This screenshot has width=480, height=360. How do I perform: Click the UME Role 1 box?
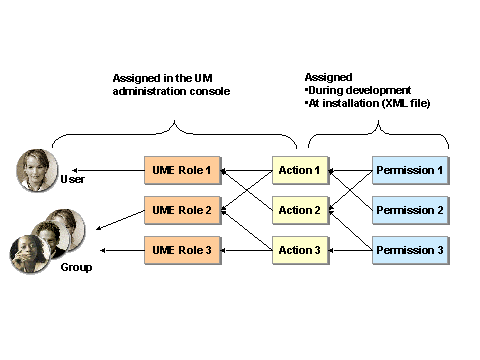181,171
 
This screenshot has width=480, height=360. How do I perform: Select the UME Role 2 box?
181,210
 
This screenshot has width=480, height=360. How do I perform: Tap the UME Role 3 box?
181,249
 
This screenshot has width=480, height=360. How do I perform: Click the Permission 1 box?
410,171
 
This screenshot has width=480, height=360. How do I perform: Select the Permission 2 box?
410,210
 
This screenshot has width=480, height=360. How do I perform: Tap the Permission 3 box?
410,249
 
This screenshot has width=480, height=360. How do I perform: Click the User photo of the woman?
37,169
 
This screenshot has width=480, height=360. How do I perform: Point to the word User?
72,180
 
